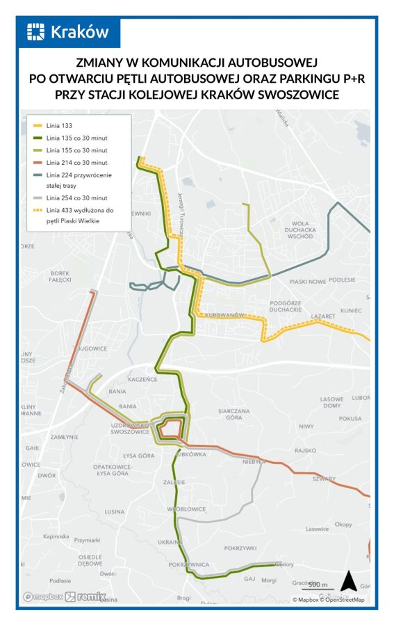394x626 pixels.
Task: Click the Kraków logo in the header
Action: (x=68, y=32)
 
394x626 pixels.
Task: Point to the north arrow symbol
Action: (x=347, y=580)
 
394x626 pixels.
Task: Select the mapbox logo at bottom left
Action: (x=43, y=597)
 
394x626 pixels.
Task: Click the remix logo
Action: (x=85, y=596)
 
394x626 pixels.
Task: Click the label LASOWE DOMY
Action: (x=331, y=403)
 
